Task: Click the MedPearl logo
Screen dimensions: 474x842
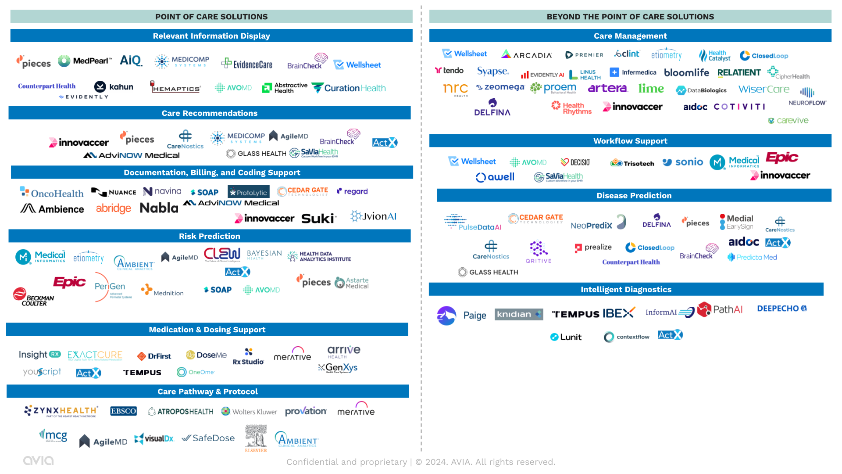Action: [x=86, y=61]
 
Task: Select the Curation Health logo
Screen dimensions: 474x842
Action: [x=349, y=88]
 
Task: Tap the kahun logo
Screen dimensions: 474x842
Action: [x=114, y=87]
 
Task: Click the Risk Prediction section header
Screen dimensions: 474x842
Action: [x=210, y=236]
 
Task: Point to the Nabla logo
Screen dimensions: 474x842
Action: [x=159, y=208]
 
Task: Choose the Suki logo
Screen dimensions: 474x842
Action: [x=318, y=219]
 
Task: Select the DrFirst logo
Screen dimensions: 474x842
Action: [x=154, y=356]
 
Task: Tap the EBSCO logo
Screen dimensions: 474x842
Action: [x=123, y=411]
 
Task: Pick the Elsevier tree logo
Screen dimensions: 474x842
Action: [x=256, y=438]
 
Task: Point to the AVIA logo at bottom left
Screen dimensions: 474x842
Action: [x=38, y=460]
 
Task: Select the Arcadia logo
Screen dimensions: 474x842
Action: [x=527, y=54]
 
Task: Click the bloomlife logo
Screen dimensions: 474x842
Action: [x=686, y=72]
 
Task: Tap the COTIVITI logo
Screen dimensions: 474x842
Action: [x=739, y=107]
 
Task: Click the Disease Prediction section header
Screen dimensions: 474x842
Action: [x=634, y=195]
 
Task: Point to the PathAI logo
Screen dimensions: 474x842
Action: [x=720, y=309]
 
